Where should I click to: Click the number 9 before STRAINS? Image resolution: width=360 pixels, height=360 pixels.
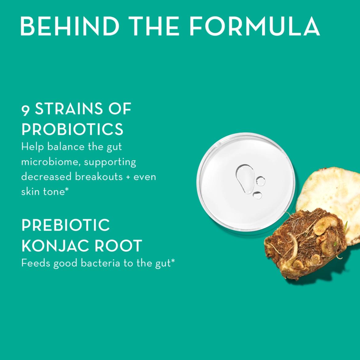(26, 110)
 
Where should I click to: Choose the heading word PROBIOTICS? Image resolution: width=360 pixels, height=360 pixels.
(72, 129)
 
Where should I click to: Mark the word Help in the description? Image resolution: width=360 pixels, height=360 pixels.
(32, 147)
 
